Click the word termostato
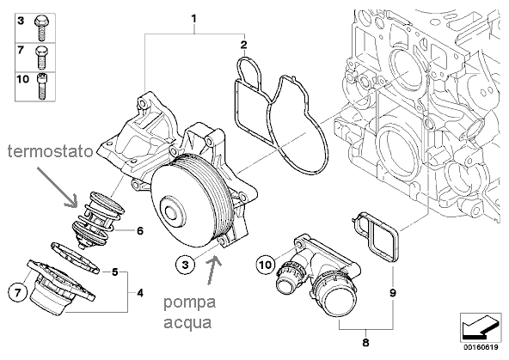pyautogui.click(x=51, y=151)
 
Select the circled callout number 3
pyautogui.click(x=185, y=265)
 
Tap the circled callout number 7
pyautogui.click(x=17, y=293)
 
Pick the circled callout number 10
pyautogui.click(x=266, y=265)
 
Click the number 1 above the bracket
pyautogui.click(x=193, y=19)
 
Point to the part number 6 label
pyautogui.click(x=140, y=231)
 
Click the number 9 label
pyautogui.click(x=393, y=293)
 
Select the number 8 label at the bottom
pyautogui.click(x=366, y=342)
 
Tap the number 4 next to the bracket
pyautogui.click(x=140, y=293)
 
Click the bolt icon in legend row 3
pyautogui.click(x=41, y=28)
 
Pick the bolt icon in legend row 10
pyautogui.click(x=41, y=87)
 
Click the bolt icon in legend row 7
pyautogui.click(x=41, y=58)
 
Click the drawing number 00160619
pyautogui.click(x=481, y=347)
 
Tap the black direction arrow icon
pyautogui.click(x=481, y=327)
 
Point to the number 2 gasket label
pyautogui.click(x=243, y=45)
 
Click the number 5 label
pyautogui.click(x=114, y=272)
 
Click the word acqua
pyautogui.click(x=187, y=324)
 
